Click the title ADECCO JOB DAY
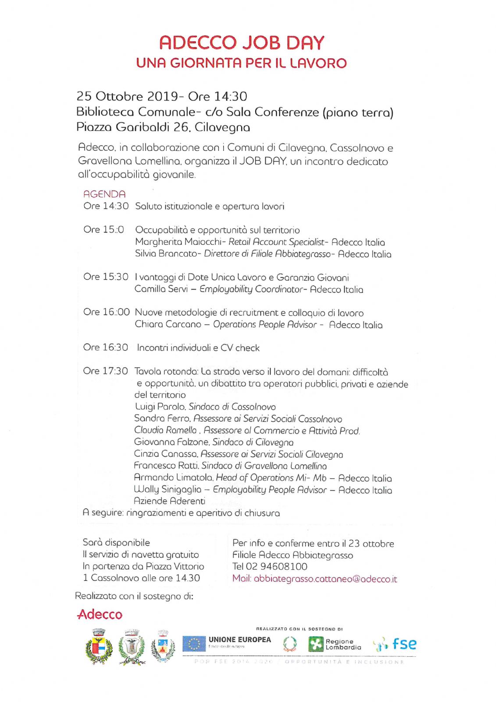pos(242,43)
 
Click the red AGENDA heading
pos(104,194)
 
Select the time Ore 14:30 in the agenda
pos(106,206)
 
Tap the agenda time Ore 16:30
pos(105,347)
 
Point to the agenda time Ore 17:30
pos(105,371)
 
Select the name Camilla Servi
pos(161,289)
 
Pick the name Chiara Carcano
pos(168,324)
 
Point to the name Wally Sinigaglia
pos(167,489)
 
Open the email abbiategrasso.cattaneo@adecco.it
pos(325,579)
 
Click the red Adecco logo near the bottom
pos(100,614)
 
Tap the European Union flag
pos(194,644)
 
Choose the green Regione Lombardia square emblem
pos(315,644)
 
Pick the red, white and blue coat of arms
pos(99,647)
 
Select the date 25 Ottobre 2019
pos(127,96)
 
